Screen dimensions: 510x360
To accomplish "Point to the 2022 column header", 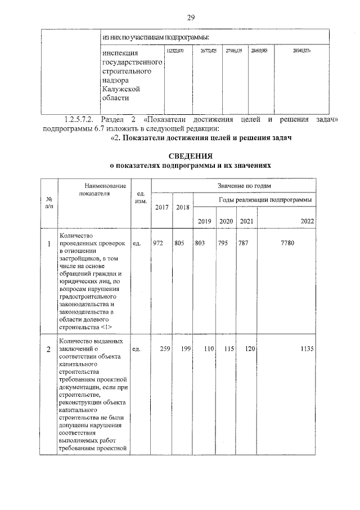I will pos(307,221).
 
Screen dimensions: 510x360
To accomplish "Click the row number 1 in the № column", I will pos(49,243).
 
